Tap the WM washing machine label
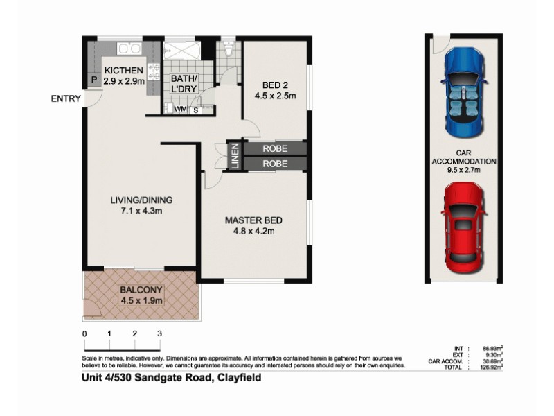[x=180, y=110]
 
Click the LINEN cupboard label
[x=235, y=155]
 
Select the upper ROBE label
[x=275, y=148]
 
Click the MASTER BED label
[x=253, y=220]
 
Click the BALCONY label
[x=141, y=290]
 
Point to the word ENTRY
[x=66, y=98]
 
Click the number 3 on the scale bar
[x=159, y=333]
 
